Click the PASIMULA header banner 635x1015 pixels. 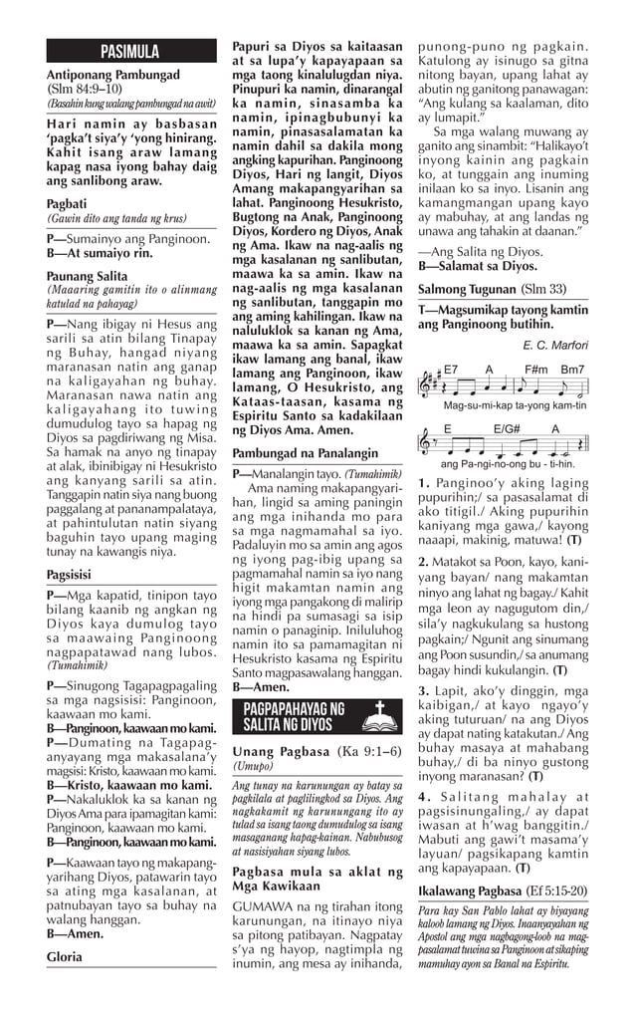[130, 51]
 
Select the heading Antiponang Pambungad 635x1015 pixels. [113, 75]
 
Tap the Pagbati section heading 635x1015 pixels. [66, 201]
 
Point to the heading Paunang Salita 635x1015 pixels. [87, 276]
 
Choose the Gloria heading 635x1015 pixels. [64, 956]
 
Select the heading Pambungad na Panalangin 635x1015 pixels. [305, 451]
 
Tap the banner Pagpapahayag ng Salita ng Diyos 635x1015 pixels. [294, 715]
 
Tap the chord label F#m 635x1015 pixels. [538, 369]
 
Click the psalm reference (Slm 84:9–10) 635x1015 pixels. [85, 89]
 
